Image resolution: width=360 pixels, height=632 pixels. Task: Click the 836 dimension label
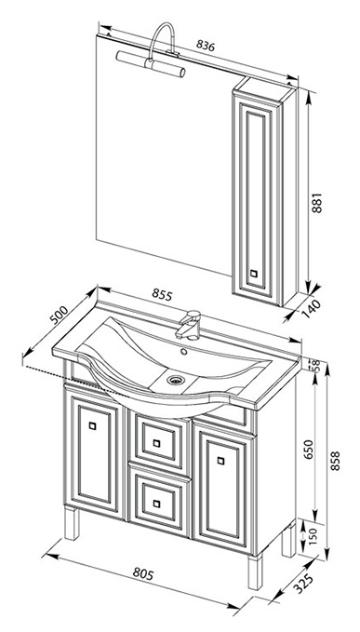point(206,45)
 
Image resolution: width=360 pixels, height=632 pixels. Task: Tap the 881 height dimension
point(318,203)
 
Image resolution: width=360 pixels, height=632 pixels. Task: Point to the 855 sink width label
point(162,295)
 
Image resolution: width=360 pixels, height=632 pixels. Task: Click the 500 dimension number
point(59,316)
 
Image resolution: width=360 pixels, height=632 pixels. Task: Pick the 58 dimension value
point(316,365)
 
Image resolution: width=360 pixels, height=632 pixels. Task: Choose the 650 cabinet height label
point(308,450)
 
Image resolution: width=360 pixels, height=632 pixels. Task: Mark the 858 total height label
point(335,461)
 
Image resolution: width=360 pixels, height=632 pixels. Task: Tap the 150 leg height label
point(314,535)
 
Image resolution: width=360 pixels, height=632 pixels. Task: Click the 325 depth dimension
point(302,584)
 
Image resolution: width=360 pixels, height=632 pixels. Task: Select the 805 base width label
point(143,573)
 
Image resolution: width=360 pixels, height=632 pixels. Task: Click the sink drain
point(176,379)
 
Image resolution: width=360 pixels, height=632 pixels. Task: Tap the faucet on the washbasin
point(189,325)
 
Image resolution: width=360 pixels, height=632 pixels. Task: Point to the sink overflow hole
point(184,351)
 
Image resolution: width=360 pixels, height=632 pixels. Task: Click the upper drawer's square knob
point(156,443)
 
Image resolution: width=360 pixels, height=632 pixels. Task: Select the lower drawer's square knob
point(156,504)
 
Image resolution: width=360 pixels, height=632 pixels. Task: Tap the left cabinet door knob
point(93,425)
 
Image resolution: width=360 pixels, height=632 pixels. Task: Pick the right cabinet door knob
point(220,461)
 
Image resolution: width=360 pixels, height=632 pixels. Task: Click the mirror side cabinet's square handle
point(253,273)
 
